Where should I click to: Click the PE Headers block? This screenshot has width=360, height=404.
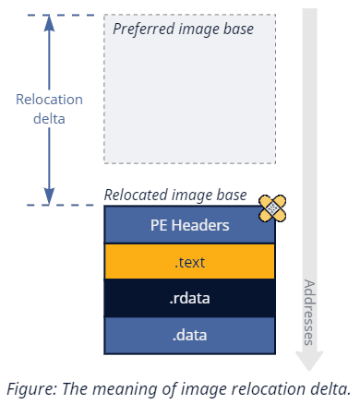[x=189, y=224]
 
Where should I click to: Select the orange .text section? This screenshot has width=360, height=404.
[x=189, y=262]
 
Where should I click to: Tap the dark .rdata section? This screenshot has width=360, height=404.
[x=189, y=299]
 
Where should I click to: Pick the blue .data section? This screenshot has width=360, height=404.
[x=189, y=335]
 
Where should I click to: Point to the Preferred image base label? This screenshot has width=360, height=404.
[x=195, y=29]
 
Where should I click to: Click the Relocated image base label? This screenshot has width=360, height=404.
[x=175, y=195]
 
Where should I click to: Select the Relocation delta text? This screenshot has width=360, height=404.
[x=49, y=109]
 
